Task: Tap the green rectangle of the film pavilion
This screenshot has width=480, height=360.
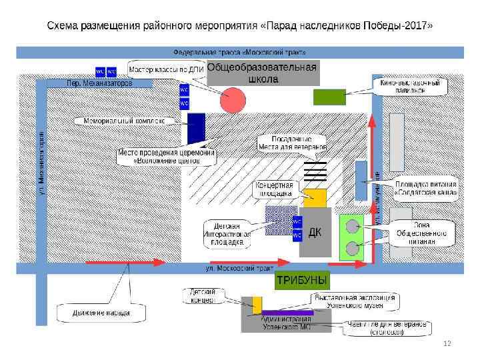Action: pos(329,97)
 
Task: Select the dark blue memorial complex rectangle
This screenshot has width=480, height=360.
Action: pos(196,128)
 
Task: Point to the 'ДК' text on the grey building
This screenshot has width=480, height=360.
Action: pos(315,232)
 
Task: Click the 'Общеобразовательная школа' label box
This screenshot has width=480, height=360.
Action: pos(263,73)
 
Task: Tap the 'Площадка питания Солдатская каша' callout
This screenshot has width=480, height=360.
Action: pos(425,189)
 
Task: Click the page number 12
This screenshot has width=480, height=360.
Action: pos(447,343)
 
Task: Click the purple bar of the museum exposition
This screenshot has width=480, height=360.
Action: pos(287,312)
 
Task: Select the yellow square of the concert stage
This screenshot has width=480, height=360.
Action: pos(315,199)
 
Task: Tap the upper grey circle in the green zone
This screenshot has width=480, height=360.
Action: pos(353,225)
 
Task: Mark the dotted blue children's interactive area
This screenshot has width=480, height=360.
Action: pos(278,221)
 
